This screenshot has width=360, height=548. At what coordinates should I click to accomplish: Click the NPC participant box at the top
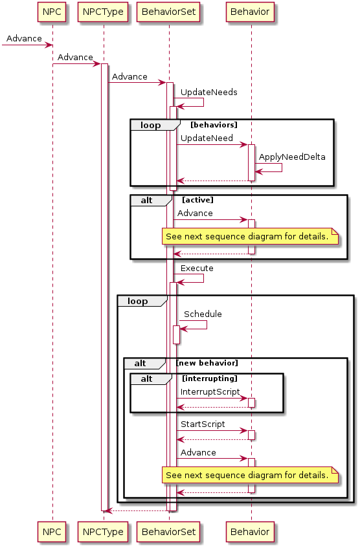pos(52,12)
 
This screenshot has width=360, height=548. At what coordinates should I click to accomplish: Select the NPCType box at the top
pos(103,12)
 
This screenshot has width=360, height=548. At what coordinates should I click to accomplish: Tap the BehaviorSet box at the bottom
pos(168,532)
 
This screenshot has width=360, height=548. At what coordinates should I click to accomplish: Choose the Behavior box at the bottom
pos(250,532)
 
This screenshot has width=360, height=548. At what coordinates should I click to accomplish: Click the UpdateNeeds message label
pos(209,93)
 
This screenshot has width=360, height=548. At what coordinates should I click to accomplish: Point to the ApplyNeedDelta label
pos(292,157)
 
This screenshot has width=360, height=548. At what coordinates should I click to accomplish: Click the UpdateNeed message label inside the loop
pos(207,138)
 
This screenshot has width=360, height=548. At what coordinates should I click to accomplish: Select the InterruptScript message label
pos(210,392)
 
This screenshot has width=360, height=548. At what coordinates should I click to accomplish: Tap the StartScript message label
pos(203,424)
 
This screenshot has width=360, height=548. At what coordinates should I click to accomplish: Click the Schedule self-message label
pos(203,314)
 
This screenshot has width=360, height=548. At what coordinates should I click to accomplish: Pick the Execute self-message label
pos(197,269)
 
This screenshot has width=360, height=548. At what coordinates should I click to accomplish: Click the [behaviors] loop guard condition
pos(214,125)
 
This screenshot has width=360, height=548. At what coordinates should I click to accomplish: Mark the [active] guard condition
pos(197,200)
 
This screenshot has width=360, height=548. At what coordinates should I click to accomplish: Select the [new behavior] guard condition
pos(207,363)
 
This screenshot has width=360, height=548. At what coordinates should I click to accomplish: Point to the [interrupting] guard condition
pos(210,378)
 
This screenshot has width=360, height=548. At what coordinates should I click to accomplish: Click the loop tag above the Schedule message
pos(137,301)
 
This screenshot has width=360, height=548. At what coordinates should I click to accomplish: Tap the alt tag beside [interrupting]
pos(146,379)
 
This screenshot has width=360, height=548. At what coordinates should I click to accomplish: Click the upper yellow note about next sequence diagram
pos(250,237)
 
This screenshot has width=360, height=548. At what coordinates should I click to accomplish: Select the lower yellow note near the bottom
pos(250,476)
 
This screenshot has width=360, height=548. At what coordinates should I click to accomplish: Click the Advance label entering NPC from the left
pos(24,38)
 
